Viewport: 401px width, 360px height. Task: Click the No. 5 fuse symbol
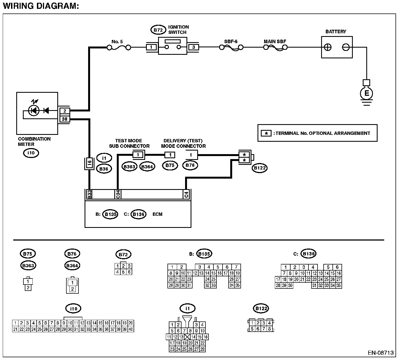pyautogui.click(x=119, y=48)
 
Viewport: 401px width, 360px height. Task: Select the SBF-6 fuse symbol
pyautogui.click(x=231, y=48)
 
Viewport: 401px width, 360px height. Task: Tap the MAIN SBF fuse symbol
pyautogui.click(x=275, y=48)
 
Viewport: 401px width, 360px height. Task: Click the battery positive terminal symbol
pyautogui.click(x=327, y=47)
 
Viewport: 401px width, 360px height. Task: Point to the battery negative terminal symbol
pyautogui.click(x=346, y=47)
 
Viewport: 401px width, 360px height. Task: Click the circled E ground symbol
pyautogui.click(x=366, y=94)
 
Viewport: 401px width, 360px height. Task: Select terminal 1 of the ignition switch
pyautogui.click(x=151, y=47)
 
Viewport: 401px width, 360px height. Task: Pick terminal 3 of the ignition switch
pyautogui.click(x=194, y=47)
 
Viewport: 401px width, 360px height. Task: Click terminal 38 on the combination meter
pyautogui.click(x=65, y=119)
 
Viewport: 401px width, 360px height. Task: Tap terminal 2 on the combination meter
pyautogui.click(x=65, y=111)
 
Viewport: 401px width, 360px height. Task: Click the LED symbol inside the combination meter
pyautogui.click(x=34, y=111)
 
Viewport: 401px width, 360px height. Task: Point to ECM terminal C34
pyautogui.click(x=118, y=194)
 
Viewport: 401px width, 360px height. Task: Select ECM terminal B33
pyautogui.click(x=89, y=194)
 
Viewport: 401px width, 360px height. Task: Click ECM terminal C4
pyautogui.click(x=186, y=194)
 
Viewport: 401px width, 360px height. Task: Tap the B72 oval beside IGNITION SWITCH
pyautogui.click(x=158, y=30)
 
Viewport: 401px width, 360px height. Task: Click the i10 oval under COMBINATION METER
pyautogui.click(x=31, y=153)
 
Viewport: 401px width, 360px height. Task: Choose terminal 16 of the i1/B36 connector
pyautogui.click(x=89, y=163)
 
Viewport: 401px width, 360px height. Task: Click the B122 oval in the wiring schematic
pyautogui.click(x=259, y=168)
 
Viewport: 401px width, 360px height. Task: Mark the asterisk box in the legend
pyautogui.click(x=266, y=133)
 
